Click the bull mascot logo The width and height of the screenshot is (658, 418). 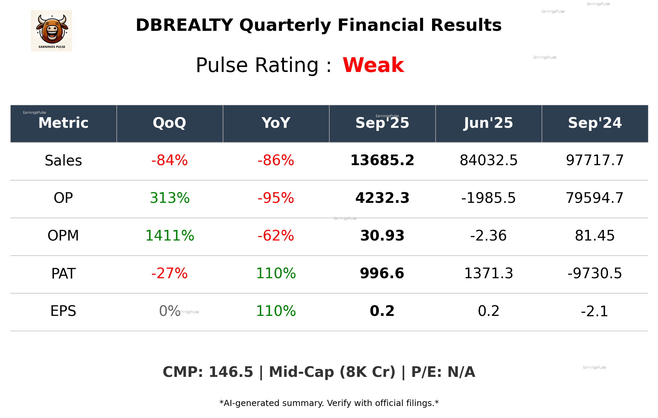tap(51, 30)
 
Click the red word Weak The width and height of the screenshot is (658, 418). tap(373, 65)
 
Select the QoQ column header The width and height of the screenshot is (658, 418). tap(169, 123)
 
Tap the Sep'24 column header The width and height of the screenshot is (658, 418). tap(595, 123)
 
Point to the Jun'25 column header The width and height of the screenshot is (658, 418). tap(488, 123)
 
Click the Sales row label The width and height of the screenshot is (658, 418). tap(63, 161)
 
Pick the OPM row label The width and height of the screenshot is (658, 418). tap(63, 236)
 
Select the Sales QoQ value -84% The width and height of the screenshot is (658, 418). tap(169, 160)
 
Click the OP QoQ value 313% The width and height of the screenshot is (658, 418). tap(169, 198)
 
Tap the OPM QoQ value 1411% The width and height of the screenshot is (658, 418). tap(169, 236)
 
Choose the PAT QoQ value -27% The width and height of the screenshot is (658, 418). tap(169, 273)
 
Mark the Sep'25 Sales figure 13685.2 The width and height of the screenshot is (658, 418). tap(382, 160)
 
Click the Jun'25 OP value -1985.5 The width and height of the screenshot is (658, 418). tap(488, 198)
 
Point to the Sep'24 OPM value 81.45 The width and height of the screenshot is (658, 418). tap(595, 236)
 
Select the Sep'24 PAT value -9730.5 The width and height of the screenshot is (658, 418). tap(595, 273)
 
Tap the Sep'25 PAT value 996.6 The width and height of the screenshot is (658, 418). tap(382, 273)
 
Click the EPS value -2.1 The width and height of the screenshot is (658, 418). tap(595, 311)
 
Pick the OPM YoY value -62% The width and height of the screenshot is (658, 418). tap(276, 236)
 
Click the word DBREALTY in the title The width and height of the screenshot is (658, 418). tap(184, 25)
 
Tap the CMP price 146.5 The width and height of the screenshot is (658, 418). tap(231, 372)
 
